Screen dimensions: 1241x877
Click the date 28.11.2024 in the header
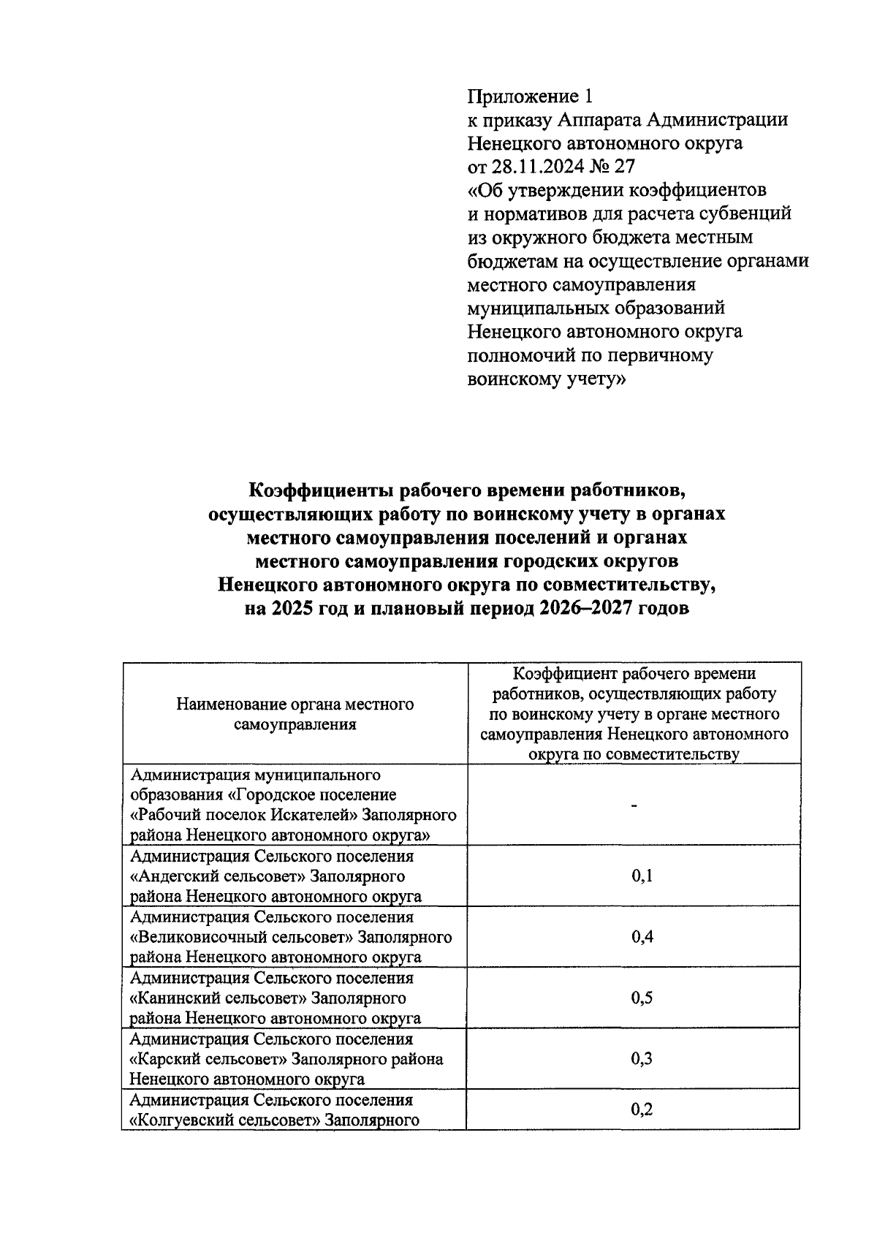coord(539,167)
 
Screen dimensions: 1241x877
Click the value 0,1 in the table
coord(642,876)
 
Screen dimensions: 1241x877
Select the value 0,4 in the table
coord(642,937)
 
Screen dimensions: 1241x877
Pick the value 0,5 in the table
coord(642,998)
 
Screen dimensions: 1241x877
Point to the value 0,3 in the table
coord(642,1059)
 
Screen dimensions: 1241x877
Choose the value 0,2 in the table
coord(642,1110)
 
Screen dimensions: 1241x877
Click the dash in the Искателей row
coord(634,805)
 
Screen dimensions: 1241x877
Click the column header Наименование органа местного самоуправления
coord(295,714)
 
